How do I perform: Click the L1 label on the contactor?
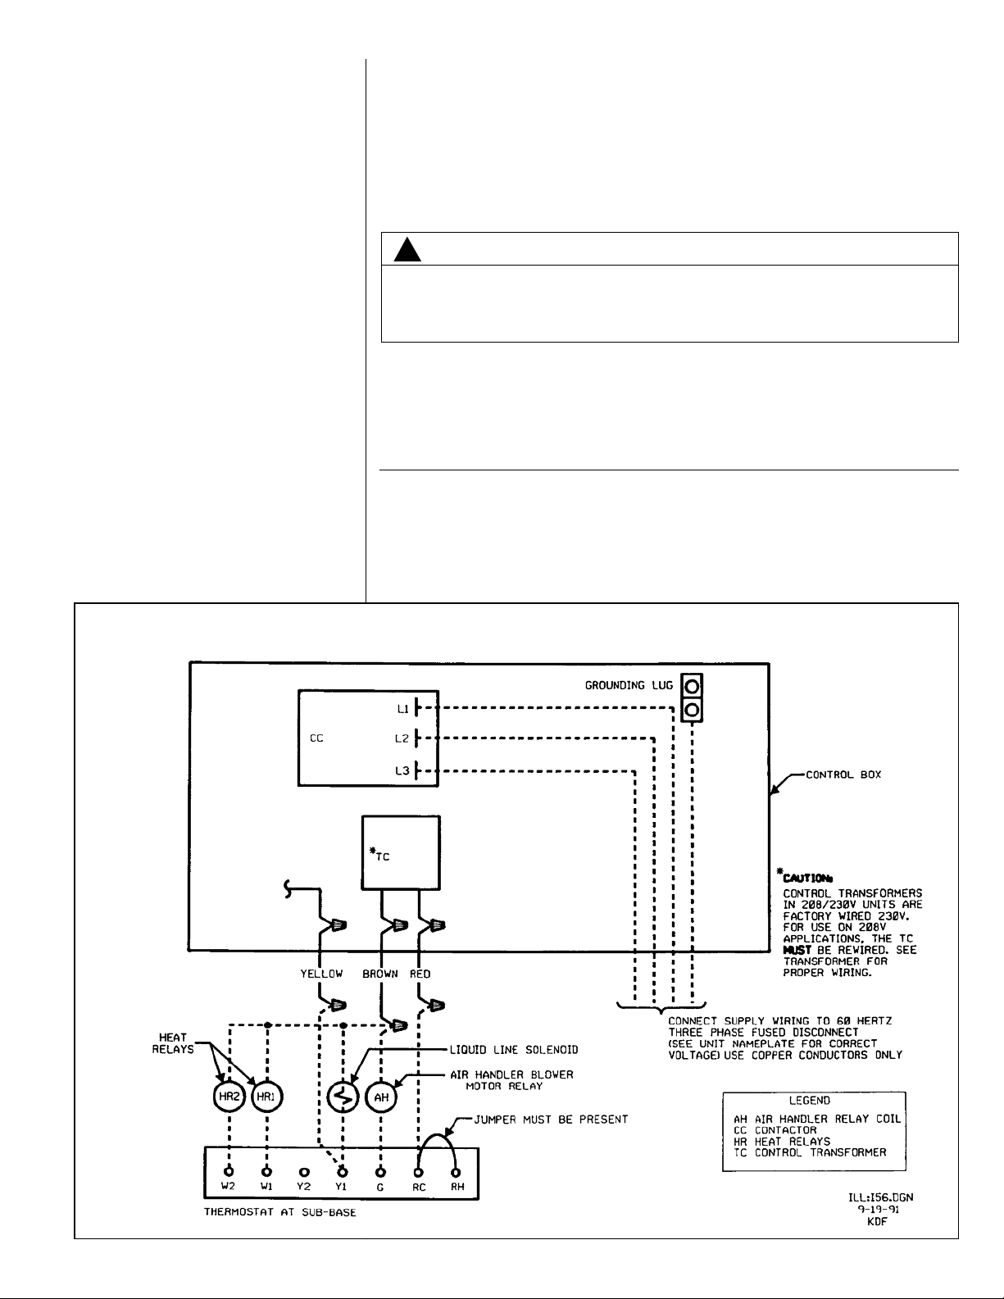(x=403, y=708)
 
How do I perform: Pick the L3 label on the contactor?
(x=402, y=771)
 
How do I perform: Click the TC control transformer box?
(x=401, y=852)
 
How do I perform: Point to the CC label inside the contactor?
(x=316, y=738)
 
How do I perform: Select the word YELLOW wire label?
(x=321, y=974)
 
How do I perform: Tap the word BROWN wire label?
(x=380, y=974)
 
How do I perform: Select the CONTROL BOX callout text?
(x=843, y=774)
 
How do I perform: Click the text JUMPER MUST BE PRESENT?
(x=552, y=1119)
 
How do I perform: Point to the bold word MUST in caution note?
(x=797, y=950)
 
